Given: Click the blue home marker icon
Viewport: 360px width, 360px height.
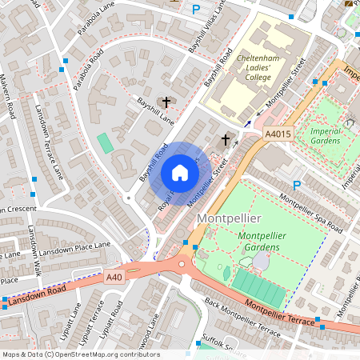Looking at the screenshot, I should [180, 172].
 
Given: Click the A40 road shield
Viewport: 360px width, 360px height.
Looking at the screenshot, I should [115, 276].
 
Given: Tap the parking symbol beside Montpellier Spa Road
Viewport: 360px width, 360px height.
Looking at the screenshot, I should [297, 185].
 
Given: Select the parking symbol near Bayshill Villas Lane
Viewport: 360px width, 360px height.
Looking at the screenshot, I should [196, 10].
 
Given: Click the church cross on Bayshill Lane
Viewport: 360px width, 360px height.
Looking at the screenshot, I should [166, 102].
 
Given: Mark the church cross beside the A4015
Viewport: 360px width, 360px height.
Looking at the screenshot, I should [226, 140].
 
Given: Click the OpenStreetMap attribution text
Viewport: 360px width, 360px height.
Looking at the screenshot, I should [80, 354].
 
